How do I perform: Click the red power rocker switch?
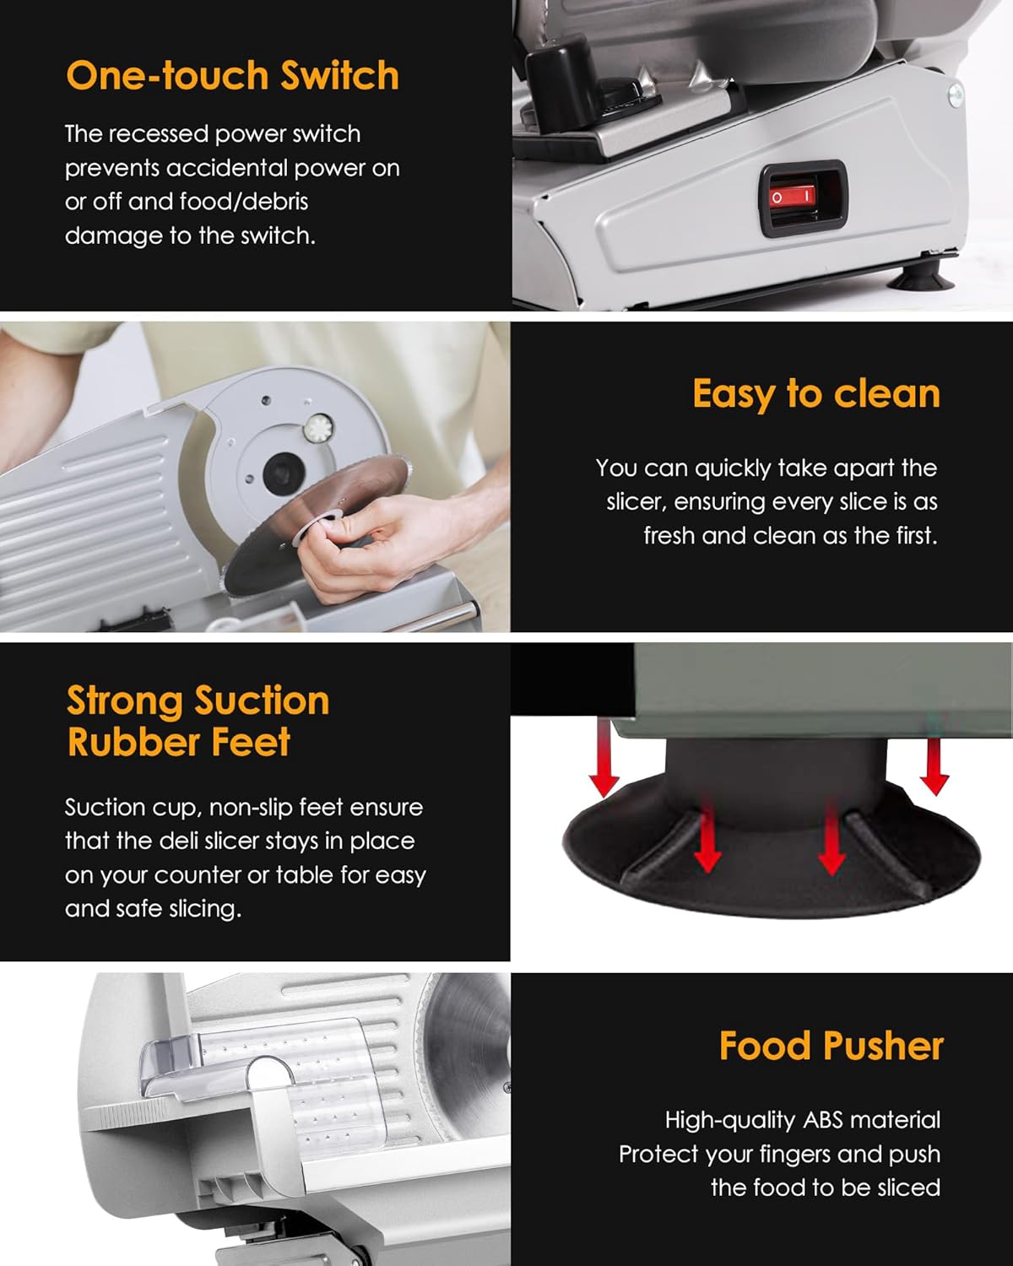792,197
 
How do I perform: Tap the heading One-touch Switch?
232,76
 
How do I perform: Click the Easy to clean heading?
815,394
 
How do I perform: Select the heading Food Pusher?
831,1046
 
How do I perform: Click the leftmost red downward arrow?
604,760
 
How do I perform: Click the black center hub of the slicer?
282,472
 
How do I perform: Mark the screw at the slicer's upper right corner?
956,94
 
